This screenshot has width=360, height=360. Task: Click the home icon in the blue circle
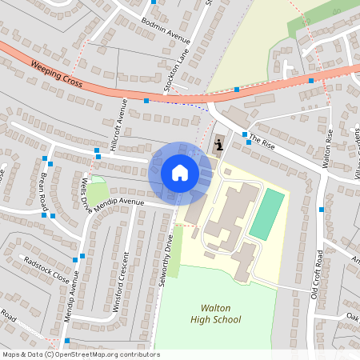180,172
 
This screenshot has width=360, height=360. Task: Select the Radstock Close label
46,265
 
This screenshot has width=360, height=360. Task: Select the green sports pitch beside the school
267,214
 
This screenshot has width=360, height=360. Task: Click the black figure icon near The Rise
219,145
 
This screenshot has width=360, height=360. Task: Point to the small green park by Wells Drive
98,192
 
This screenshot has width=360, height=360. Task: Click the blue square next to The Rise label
245,134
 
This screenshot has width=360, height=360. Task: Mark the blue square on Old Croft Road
321,210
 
